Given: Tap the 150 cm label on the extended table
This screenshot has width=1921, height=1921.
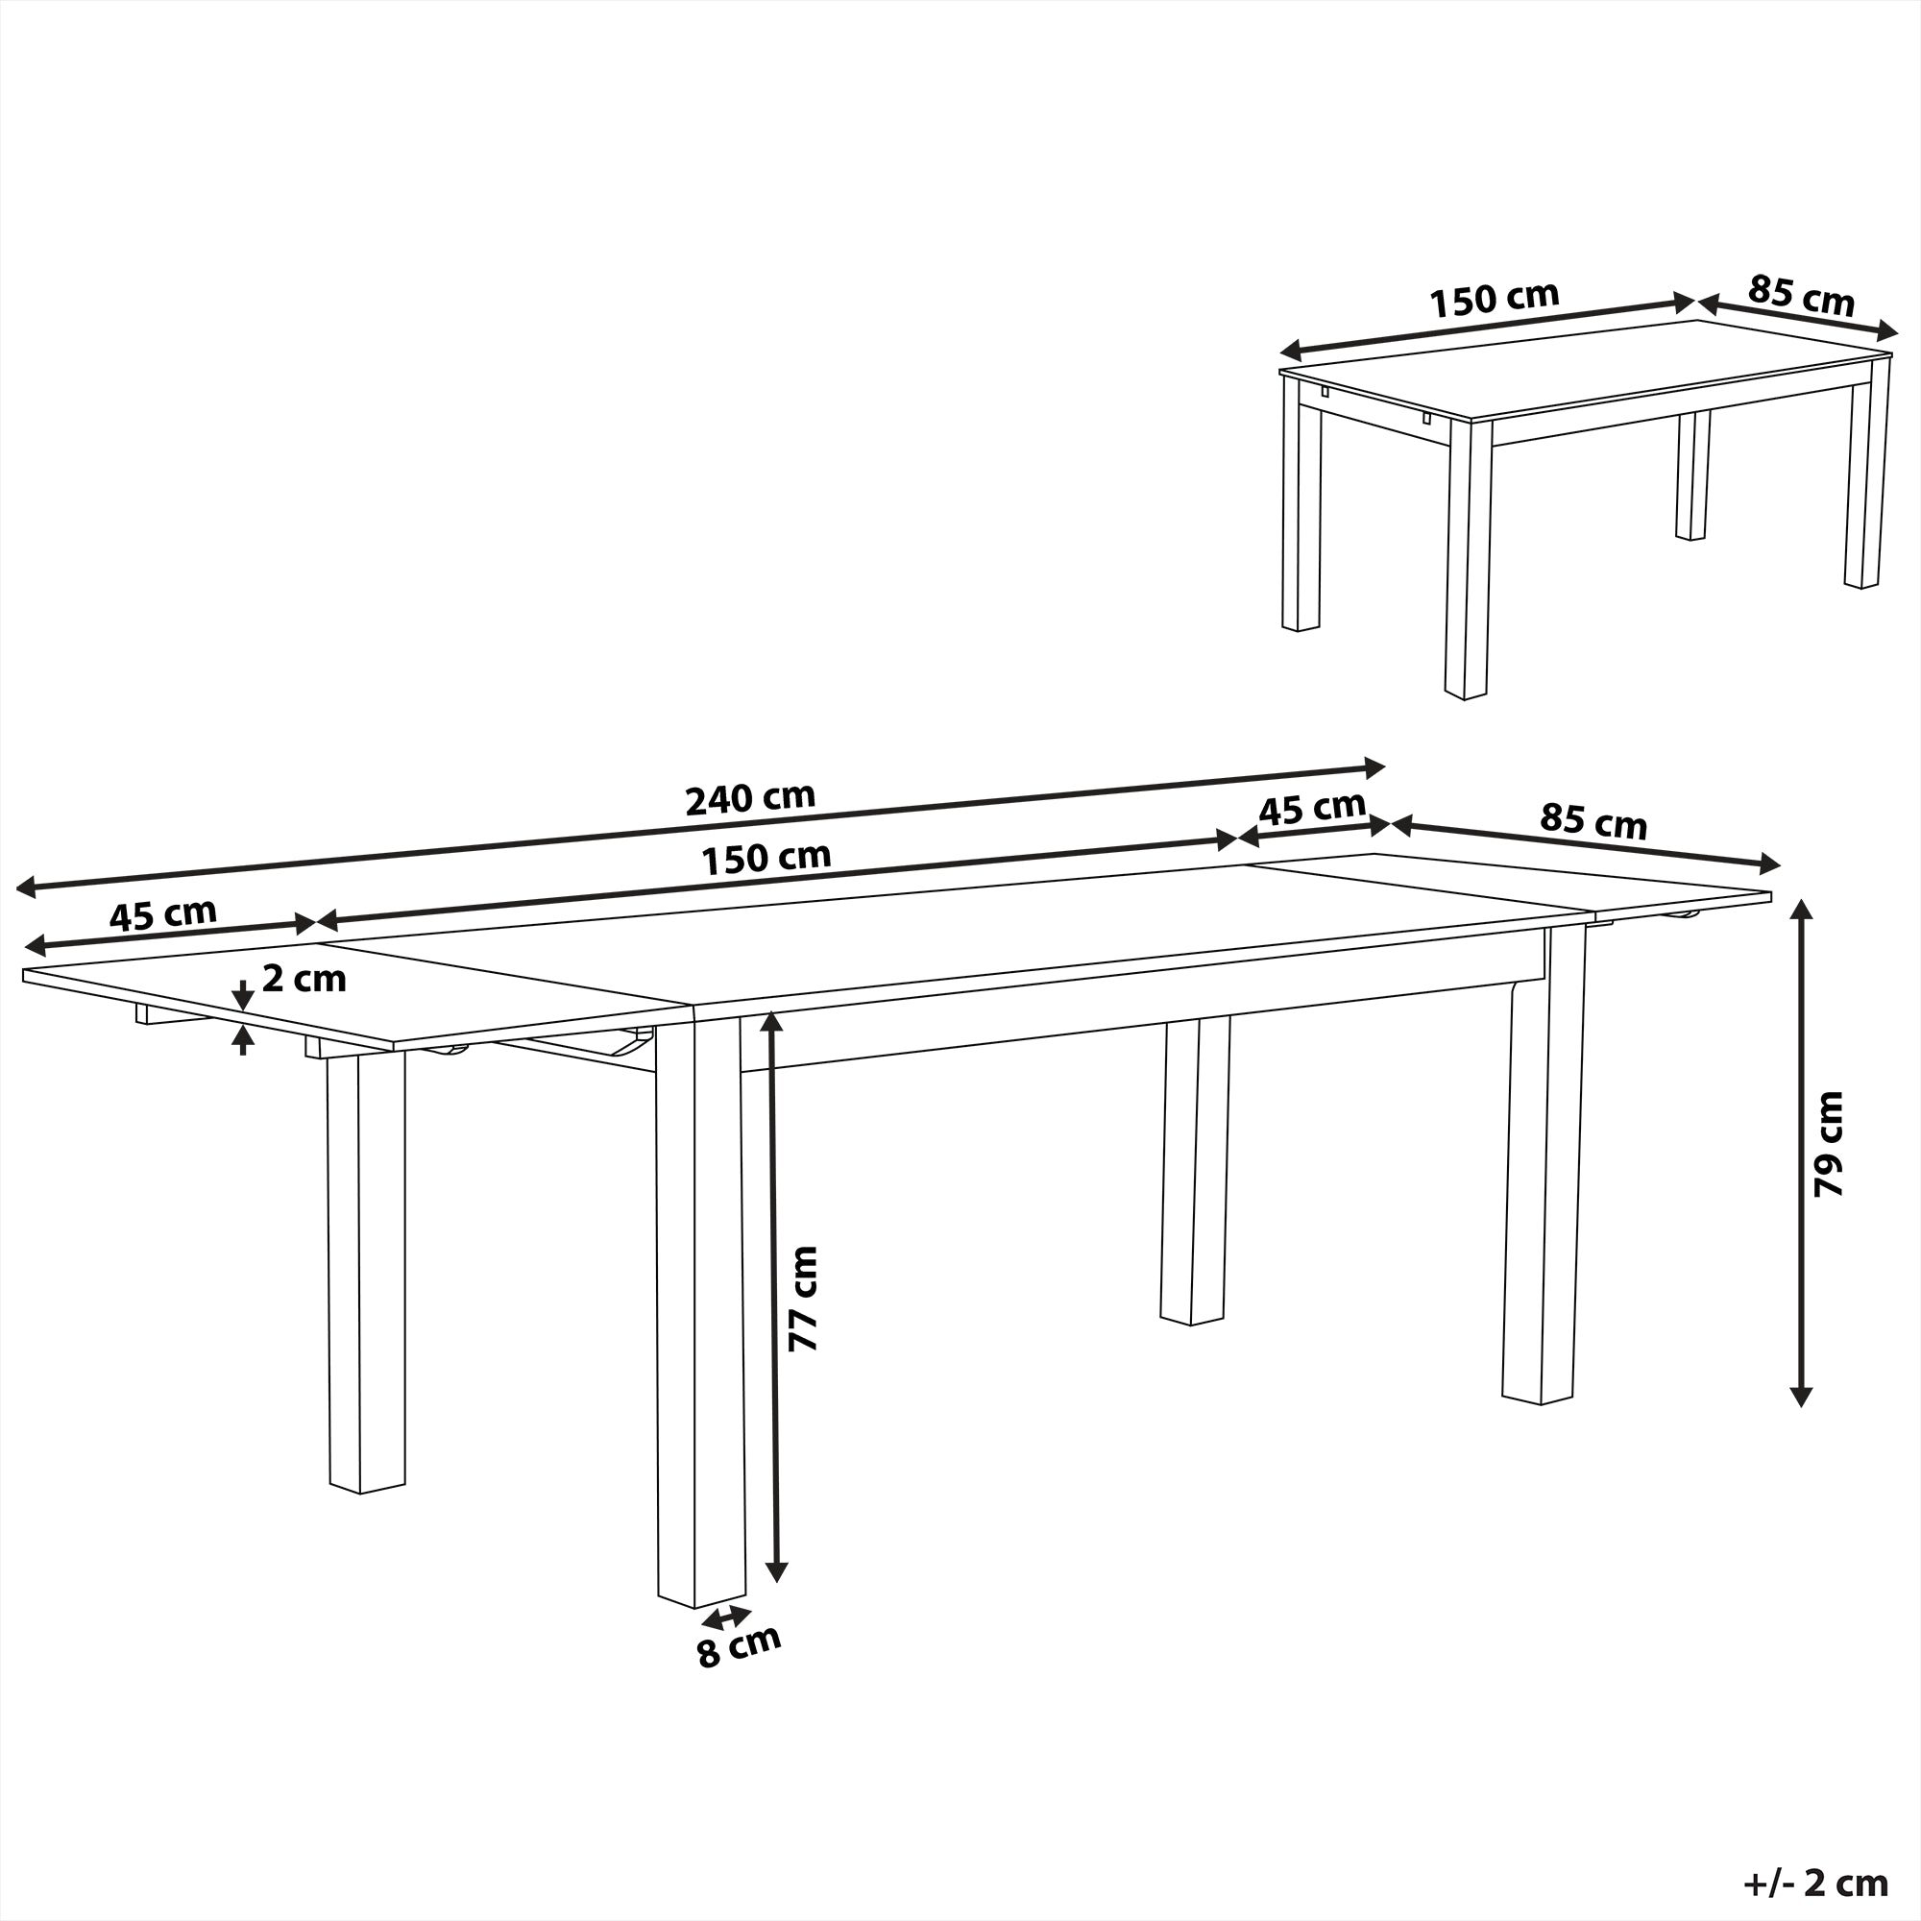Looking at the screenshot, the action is (x=766, y=858).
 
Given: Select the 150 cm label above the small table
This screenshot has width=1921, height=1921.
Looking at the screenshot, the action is (x=1494, y=300).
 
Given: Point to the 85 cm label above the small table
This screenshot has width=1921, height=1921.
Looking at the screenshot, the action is (x=1801, y=295).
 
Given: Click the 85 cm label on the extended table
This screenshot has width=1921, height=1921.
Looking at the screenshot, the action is (x=1593, y=821).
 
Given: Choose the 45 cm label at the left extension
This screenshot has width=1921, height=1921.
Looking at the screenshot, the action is (x=162, y=913).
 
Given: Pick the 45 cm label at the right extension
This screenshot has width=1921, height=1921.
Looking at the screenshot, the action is (x=1311, y=809).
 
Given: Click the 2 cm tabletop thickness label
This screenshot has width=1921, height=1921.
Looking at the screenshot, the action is (x=304, y=980).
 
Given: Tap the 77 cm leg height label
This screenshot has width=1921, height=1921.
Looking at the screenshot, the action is (x=801, y=1298).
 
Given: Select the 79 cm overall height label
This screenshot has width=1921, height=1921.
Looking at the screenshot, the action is (x=1828, y=1143).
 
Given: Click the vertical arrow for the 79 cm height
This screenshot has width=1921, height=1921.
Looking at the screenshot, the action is (x=1801, y=1153).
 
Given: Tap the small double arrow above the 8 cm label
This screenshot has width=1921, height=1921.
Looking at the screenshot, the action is (x=727, y=1616).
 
